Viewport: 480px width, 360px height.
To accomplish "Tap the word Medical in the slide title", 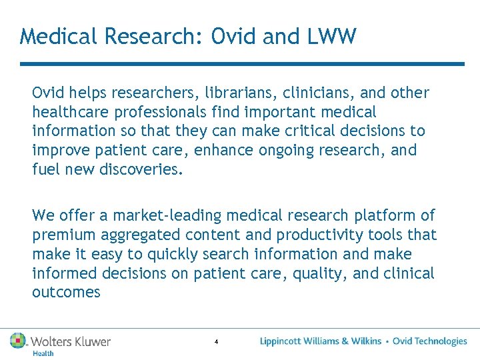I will pyautogui.click(x=58, y=36).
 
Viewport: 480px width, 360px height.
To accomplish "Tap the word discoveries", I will pyautogui.click(x=140, y=169).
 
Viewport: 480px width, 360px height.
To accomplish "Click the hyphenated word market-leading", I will pyautogui.click(x=167, y=215).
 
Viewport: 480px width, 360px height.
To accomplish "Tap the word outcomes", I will pyautogui.click(x=66, y=292).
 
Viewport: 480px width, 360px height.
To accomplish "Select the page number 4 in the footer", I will pyautogui.click(x=216, y=342).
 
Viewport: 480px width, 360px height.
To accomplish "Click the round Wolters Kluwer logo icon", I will pyautogui.click(x=18, y=341).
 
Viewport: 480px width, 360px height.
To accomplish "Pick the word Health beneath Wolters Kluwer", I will pyautogui.click(x=43, y=353).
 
